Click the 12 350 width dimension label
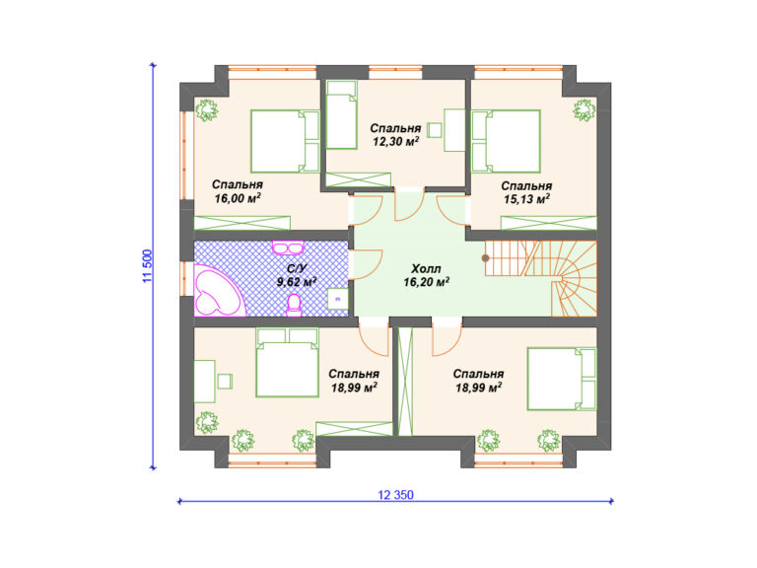(395, 495)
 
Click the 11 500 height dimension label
(148, 266)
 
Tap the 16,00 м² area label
(238, 198)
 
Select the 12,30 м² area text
(395, 142)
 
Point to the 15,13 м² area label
(526, 199)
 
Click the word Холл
(426, 269)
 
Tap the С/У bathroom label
(296, 268)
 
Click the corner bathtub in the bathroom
(217, 291)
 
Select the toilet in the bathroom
(294, 306)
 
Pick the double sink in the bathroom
(288, 248)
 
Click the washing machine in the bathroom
(337, 299)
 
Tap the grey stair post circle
(485, 258)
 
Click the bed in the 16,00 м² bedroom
(285, 141)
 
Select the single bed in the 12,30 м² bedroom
(342, 114)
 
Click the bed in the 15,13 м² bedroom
(506, 141)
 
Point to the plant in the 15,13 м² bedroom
(584, 110)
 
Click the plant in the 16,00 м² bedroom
(207, 109)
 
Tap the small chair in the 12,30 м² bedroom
(436, 130)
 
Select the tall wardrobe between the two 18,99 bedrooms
(404, 382)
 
